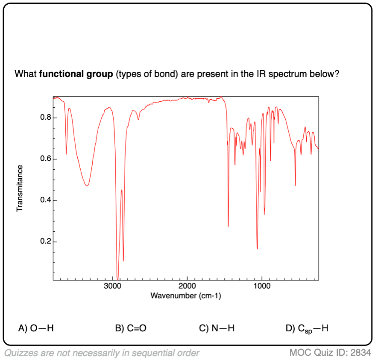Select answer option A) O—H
[x=36, y=328]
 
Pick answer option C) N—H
[x=217, y=328]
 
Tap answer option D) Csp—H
[x=307, y=328]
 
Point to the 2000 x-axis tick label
[x=187, y=286]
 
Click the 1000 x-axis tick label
[x=262, y=286]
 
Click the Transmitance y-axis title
[x=19, y=189]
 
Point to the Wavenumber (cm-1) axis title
[x=186, y=295]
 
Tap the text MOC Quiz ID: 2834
[x=330, y=353]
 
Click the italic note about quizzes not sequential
[x=102, y=353]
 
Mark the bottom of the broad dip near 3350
[x=87, y=185]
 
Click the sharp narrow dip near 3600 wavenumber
[x=66, y=153]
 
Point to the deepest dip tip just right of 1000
[x=257, y=248]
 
